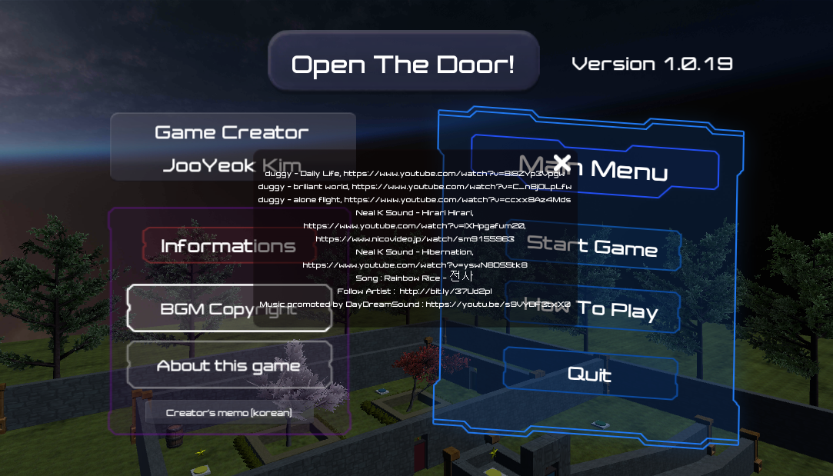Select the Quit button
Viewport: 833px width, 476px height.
click(590, 374)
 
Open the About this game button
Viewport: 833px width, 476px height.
click(228, 365)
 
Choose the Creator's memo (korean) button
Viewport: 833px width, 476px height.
click(229, 413)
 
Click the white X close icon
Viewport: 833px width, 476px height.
click(562, 162)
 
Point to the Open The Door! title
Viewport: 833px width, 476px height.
click(403, 65)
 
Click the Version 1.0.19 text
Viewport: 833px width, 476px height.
click(652, 64)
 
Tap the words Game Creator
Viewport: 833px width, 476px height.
click(232, 132)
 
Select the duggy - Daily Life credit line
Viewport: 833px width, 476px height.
click(415, 174)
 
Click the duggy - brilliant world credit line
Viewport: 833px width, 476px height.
click(415, 187)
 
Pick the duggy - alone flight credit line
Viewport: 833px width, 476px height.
click(415, 200)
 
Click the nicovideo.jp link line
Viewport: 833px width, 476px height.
click(415, 239)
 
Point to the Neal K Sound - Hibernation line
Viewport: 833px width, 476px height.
click(415, 252)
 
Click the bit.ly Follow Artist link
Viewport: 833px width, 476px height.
click(446, 291)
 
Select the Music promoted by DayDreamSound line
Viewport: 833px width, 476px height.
click(415, 305)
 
